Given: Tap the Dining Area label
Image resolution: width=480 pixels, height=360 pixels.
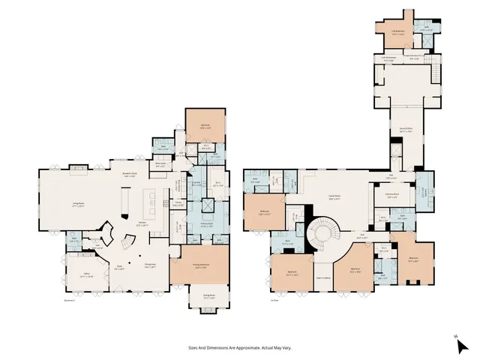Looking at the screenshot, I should (151, 265).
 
